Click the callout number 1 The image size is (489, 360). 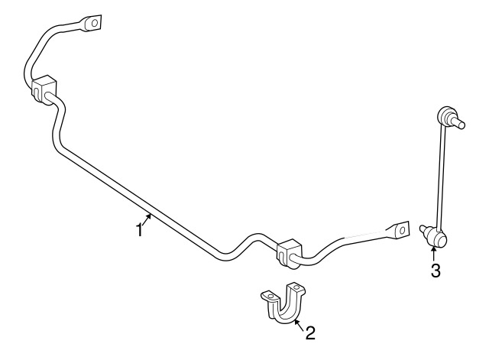pos(139,231)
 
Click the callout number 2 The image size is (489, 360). pos(310,332)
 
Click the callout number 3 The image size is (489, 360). pos(436,271)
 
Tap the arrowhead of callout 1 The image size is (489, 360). pos(150,216)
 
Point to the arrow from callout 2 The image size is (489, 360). pos(299,326)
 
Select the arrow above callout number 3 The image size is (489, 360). pos(433,253)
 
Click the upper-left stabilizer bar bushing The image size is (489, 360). pos(44,89)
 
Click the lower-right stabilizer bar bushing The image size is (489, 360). pos(289,253)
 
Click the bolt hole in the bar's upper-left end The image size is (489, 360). pos(94,22)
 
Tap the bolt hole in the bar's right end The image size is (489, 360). pos(403,230)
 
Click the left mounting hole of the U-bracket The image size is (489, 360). pos(270,296)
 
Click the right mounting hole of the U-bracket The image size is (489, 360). pos(296,287)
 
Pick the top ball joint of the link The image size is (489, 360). pos(445,115)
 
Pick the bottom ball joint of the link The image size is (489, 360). pos(438,238)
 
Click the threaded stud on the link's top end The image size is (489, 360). pos(458,123)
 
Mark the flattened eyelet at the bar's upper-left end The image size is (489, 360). pos(92,23)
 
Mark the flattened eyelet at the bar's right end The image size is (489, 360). pos(398,231)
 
